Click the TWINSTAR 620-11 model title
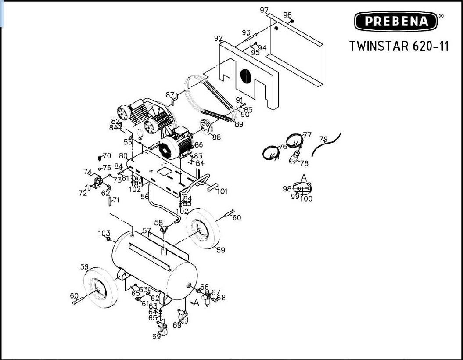pos(399,46)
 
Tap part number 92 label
pos(218,39)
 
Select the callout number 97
pos(264,10)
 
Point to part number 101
pos(222,191)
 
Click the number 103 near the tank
pos(104,233)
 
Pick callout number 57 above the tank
pos(147,231)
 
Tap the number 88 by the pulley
pos(216,137)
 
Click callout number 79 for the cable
pos(323,139)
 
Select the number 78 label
pos(304,163)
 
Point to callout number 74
pos(87,172)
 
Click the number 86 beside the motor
pos(199,144)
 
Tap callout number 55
pos(127,142)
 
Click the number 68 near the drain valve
pos(221,298)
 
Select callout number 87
pos(170,95)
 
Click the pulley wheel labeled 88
pos(205,127)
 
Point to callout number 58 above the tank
pos(158,223)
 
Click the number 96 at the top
pos(287,15)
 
